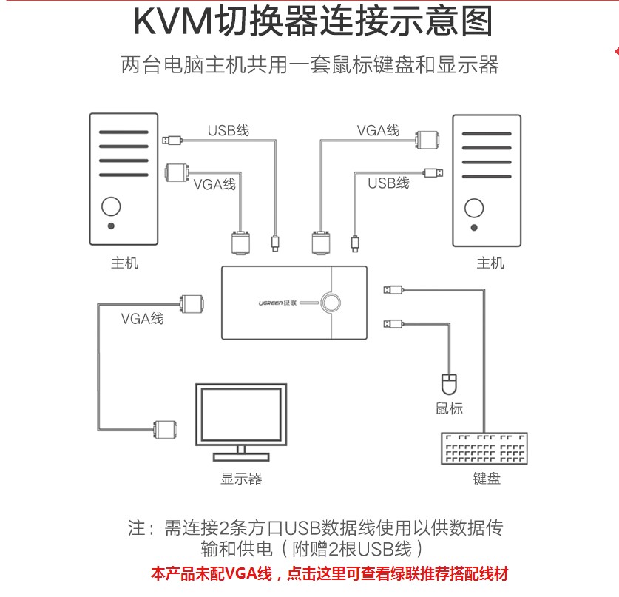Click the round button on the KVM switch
331,302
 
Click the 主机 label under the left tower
124,263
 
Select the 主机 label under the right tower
490,263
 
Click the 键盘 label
487,479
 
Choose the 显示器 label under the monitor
241,479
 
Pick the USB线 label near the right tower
388,183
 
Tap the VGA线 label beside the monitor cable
143,319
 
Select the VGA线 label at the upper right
378,131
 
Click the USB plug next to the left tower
172,139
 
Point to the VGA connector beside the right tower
427,141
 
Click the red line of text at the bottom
329,573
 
